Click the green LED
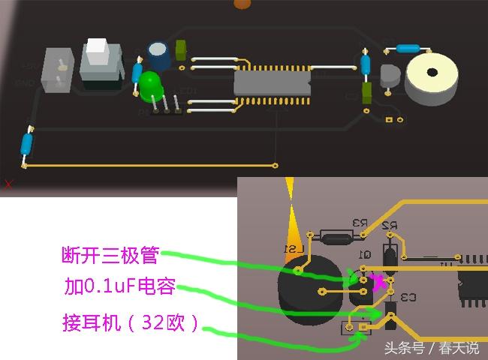coord(151,83)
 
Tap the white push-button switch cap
coord(98,51)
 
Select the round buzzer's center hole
coord(432,73)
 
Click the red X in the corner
coord(8,183)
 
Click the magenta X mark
coord(379,282)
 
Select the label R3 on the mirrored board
coord(359,223)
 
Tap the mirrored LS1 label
coord(289,248)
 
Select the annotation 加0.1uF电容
coord(119,286)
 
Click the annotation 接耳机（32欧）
coord(131,323)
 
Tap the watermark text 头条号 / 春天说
coord(431,348)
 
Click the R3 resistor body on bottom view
coord(335,239)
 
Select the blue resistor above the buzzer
coord(406,48)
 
